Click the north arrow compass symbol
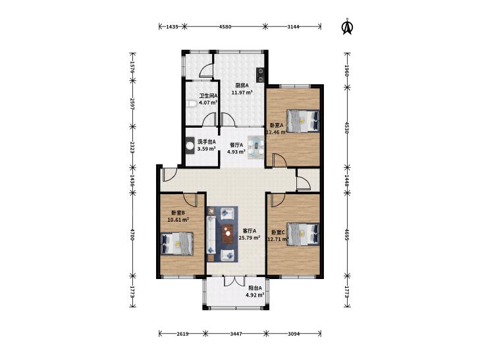pos(347,27)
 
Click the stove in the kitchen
pos(260,75)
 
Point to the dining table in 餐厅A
pos(255,147)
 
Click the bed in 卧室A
pos(303,121)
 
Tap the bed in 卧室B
pos(177,244)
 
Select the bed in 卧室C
pos(303,234)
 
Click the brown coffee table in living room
pos(227,234)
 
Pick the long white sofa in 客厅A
pos(211,234)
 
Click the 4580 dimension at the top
pos(225,26)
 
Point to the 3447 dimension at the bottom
pos(236,334)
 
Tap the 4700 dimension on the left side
pos(132,234)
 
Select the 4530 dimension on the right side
pos(347,128)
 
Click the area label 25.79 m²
pos(250,238)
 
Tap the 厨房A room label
pos(242,86)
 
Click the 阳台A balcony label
pos(255,288)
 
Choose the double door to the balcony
pos(234,281)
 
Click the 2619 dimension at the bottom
pos(182,334)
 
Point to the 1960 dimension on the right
pos(347,70)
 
